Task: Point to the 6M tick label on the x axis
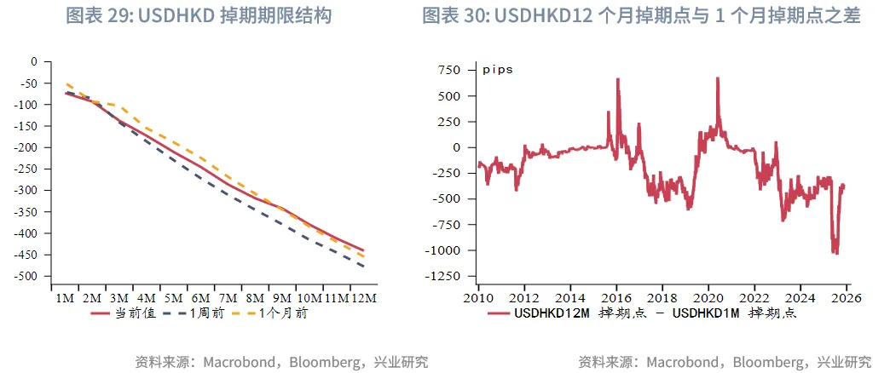pyautogui.click(x=201, y=298)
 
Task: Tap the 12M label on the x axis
pyautogui.click(x=365, y=298)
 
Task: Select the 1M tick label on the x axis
pyautogui.click(x=64, y=298)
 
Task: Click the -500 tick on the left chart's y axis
pyautogui.click(x=31, y=277)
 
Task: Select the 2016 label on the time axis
pyautogui.click(x=616, y=298)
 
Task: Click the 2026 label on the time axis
pyautogui.click(x=847, y=298)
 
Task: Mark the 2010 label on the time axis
pyautogui.click(x=478, y=298)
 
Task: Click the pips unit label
pyautogui.click(x=498, y=70)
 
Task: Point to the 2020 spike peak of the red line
pyautogui.click(x=718, y=77)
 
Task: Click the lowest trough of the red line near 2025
pyautogui.click(x=836, y=253)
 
